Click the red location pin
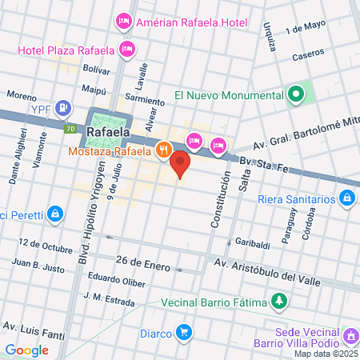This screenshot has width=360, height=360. click(181, 166)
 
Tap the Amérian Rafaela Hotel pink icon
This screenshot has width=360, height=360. click(124, 22)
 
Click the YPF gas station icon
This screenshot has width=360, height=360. click(65, 108)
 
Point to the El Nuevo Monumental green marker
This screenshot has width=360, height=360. click(296, 95)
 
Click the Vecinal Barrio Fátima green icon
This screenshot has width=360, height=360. click(279, 302)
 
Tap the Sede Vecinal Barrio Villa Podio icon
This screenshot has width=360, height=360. click(350, 334)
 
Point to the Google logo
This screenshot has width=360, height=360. click(26, 350)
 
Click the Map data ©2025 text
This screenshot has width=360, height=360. click(325, 354)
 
